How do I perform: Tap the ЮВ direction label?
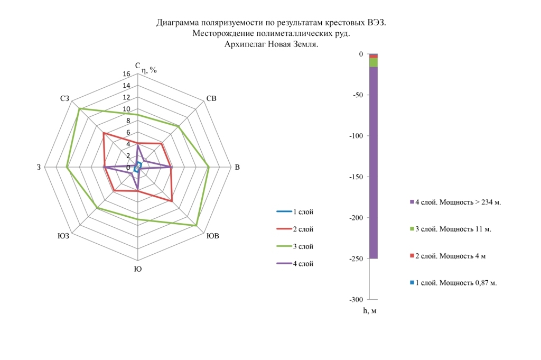pos(213,236)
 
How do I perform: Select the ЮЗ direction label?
pos(63,236)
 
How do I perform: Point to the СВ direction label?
pos(211,98)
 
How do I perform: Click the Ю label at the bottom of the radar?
pos(138,269)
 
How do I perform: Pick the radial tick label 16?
pos(126,75)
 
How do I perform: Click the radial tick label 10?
pos(126,109)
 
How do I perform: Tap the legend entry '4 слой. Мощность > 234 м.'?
pos(454,202)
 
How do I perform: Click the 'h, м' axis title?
pos(370,311)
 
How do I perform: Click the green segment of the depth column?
pos(373,62)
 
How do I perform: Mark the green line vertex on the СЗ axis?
pos(79,109)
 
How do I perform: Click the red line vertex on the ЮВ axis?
pos(172,201)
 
